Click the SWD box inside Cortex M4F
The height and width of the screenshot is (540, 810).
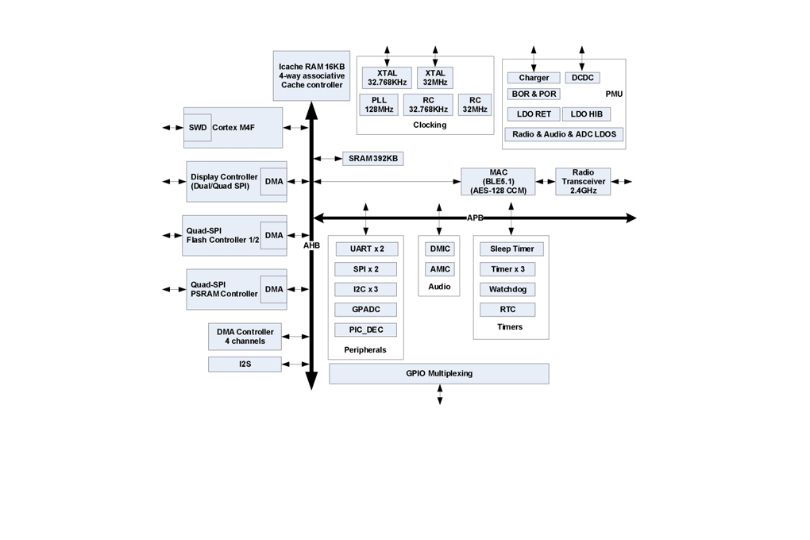coord(197,128)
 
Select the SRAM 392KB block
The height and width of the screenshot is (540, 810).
coord(373,159)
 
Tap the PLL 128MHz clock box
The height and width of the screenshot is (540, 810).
coord(379,105)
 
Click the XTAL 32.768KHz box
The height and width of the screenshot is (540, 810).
coord(387,78)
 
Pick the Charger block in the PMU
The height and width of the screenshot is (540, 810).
coord(534,78)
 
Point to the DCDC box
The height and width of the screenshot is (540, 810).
coord(583,78)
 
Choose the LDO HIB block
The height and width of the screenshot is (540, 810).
coord(586,114)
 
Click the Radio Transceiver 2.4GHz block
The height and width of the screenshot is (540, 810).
coord(583,181)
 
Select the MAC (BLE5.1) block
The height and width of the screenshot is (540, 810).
coord(498,181)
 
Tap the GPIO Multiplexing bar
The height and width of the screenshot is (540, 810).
coord(439,373)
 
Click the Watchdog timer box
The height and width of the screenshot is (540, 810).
coord(507,289)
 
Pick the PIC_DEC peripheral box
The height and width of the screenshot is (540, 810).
coord(366,330)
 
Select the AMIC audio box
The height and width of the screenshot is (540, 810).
coord(440,269)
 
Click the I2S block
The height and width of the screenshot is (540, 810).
coord(245,364)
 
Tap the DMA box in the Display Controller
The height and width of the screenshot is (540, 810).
coord(274,181)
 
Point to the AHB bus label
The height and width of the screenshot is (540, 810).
coord(311,245)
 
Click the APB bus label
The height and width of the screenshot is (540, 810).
coord(475,218)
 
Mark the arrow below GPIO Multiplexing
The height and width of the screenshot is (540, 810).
coord(440,394)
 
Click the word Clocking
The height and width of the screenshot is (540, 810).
coord(430,125)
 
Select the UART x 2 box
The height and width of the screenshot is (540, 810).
coord(367,249)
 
